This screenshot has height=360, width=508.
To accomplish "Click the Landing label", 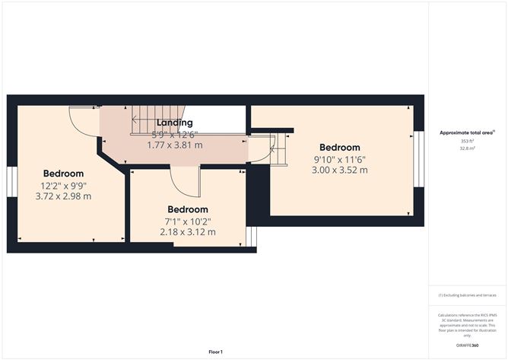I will (174, 123).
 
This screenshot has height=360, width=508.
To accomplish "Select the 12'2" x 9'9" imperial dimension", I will (63, 185).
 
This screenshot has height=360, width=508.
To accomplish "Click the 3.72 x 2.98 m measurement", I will (63, 196).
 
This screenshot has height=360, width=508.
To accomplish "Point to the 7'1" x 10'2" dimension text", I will (187, 221).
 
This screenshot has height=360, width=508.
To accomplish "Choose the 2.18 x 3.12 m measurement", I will (187, 232).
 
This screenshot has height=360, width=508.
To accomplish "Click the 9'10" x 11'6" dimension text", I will (339, 159).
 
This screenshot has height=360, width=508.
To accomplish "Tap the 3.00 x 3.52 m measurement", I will (339, 170).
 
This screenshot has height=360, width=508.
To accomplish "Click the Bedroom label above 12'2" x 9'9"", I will (63, 173).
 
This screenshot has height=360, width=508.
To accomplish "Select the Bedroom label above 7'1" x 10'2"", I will (187, 209).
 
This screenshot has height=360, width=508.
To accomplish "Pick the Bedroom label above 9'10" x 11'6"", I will (339, 147).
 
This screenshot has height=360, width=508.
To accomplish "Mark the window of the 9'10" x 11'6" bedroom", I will (417, 159).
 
